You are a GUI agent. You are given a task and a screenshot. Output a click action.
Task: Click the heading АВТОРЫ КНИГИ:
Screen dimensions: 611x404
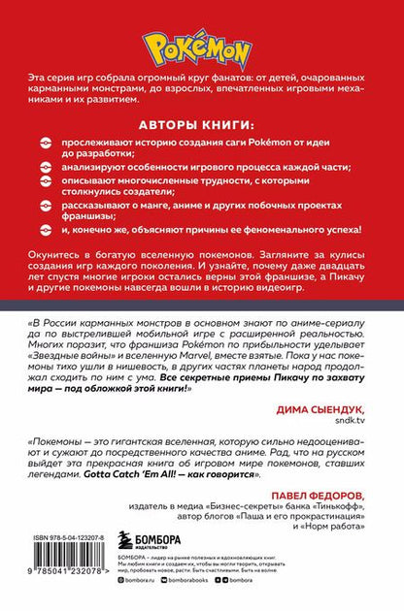(x=202, y=124)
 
